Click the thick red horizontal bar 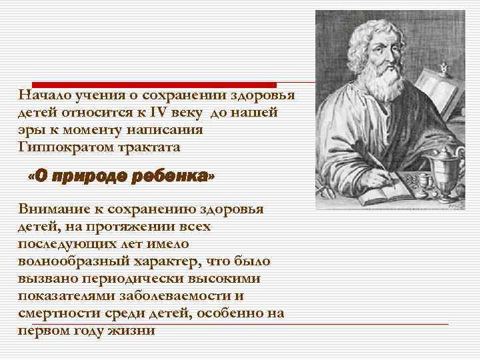[x=147, y=85]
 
